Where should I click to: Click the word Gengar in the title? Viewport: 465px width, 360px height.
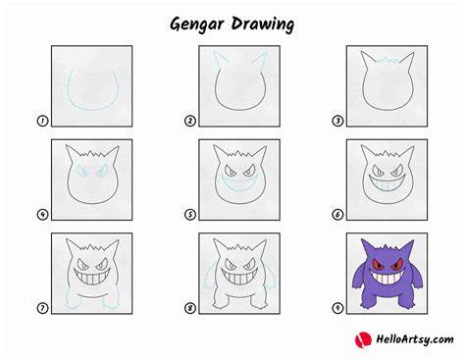tap(197, 25)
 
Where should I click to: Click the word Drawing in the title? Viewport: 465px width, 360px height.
tap(263, 25)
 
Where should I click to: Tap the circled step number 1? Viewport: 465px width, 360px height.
tap(42, 121)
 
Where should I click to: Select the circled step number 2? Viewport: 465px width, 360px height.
tap(190, 121)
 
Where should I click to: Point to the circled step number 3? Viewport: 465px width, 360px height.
tap(337, 121)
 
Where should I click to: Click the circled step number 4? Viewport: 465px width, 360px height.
tap(42, 215)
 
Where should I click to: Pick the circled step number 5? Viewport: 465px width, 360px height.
tap(190, 215)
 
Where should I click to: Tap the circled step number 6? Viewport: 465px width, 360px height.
tap(337, 215)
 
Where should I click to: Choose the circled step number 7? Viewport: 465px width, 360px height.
tap(42, 308)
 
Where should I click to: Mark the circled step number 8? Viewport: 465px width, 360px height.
tap(190, 308)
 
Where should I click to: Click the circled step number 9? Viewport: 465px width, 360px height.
tap(337, 308)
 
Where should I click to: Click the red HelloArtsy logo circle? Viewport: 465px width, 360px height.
tap(363, 339)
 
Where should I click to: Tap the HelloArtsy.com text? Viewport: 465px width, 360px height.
tap(415, 339)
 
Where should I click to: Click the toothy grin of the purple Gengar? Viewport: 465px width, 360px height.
tap(387, 278)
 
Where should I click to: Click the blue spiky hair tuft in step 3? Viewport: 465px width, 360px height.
tap(387, 61)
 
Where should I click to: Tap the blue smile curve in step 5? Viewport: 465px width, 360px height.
tap(239, 188)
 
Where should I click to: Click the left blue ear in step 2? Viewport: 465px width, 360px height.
tap(219, 61)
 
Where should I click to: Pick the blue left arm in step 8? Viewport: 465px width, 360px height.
tap(209, 278)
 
